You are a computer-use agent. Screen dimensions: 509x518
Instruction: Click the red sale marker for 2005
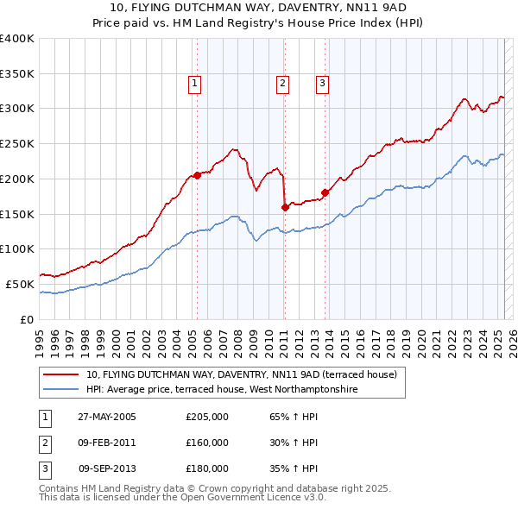coord(197,175)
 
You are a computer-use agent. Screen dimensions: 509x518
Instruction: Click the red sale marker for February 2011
coord(285,206)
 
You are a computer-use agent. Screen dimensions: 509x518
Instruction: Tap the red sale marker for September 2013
coord(325,192)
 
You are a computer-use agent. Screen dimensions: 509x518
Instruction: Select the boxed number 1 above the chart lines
coord(195,84)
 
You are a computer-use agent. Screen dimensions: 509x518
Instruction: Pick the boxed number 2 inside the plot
coord(282,84)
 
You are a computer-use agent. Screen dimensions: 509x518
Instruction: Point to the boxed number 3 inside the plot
coord(322,84)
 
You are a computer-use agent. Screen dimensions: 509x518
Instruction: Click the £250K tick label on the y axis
coord(17,143)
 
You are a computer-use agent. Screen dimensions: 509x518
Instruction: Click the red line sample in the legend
coord(61,375)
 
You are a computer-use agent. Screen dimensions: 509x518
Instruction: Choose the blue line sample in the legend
coord(61,390)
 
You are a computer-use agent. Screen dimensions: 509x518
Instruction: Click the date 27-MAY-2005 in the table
coord(106,417)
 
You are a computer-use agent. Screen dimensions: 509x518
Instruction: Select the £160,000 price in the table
coord(207,443)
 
